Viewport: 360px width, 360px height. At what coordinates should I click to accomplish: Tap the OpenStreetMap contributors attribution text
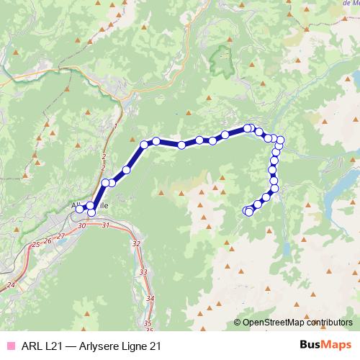(296, 323)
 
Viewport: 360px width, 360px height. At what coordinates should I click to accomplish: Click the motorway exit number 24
(10, 285)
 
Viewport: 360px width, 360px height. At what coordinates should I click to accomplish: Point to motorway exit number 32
(137, 243)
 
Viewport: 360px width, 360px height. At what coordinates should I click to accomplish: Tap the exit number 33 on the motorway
(143, 272)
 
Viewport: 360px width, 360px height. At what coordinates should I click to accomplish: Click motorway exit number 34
(150, 298)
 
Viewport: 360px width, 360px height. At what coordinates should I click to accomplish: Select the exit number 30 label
(81, 226)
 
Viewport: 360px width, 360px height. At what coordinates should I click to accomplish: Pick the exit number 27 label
(61, 235)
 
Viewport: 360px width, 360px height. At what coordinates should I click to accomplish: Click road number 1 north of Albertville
(115, 126)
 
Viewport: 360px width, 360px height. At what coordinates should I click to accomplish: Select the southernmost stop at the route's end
(249, 212)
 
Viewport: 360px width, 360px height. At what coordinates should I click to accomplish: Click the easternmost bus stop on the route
(281, 140)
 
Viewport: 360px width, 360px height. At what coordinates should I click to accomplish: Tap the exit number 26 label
(48, 240)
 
